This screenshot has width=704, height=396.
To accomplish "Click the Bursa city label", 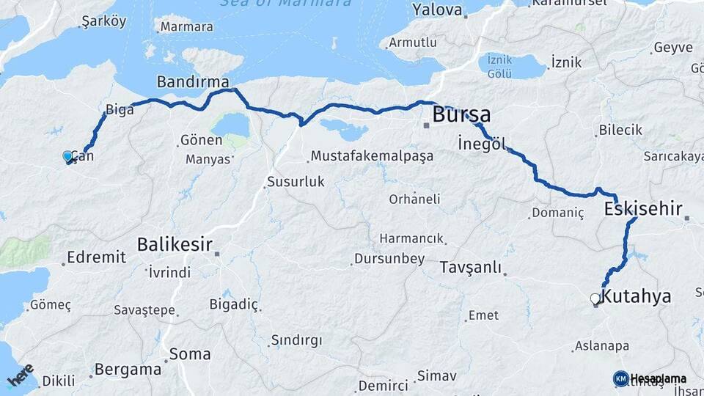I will pyautogui.click(x=461, y=115).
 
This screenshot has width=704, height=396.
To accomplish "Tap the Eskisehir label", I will pyautogui.click(x=643, y=209).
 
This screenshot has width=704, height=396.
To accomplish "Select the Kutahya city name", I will pyautogui.click(x=636, y=297).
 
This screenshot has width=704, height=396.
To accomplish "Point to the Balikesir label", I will pyautogui.click(x=175, y=244).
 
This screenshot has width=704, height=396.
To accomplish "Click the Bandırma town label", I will pyautogui.click(x=193, y=81).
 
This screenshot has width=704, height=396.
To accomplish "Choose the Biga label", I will pyautogui.click(x=120, y=110).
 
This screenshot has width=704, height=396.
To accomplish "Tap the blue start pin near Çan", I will pyautogui.click(x=67, y=156).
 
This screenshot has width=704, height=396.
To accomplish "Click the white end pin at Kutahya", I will pyautogui.click(x=595, y=298).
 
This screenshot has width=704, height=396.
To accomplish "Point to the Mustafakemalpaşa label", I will pyautogui.click(x=372, y=156).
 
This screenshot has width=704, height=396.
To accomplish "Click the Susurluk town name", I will pyautogui.click(x=296, y=181).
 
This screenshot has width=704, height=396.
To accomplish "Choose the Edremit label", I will pyautogui.click(x=96, y=257).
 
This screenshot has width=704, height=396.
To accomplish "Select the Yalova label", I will pyautogui.click(x=437, y=10).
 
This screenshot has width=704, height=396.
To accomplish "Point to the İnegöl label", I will pyautogui.click(x=482, y=142).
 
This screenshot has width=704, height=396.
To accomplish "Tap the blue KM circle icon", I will pyautogui.click(x=620, y=378).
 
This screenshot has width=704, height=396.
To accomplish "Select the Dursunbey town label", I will pyautogui.click(x=389, y=258).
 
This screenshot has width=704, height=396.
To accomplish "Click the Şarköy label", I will pyautogui.click(x=105, y=21).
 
